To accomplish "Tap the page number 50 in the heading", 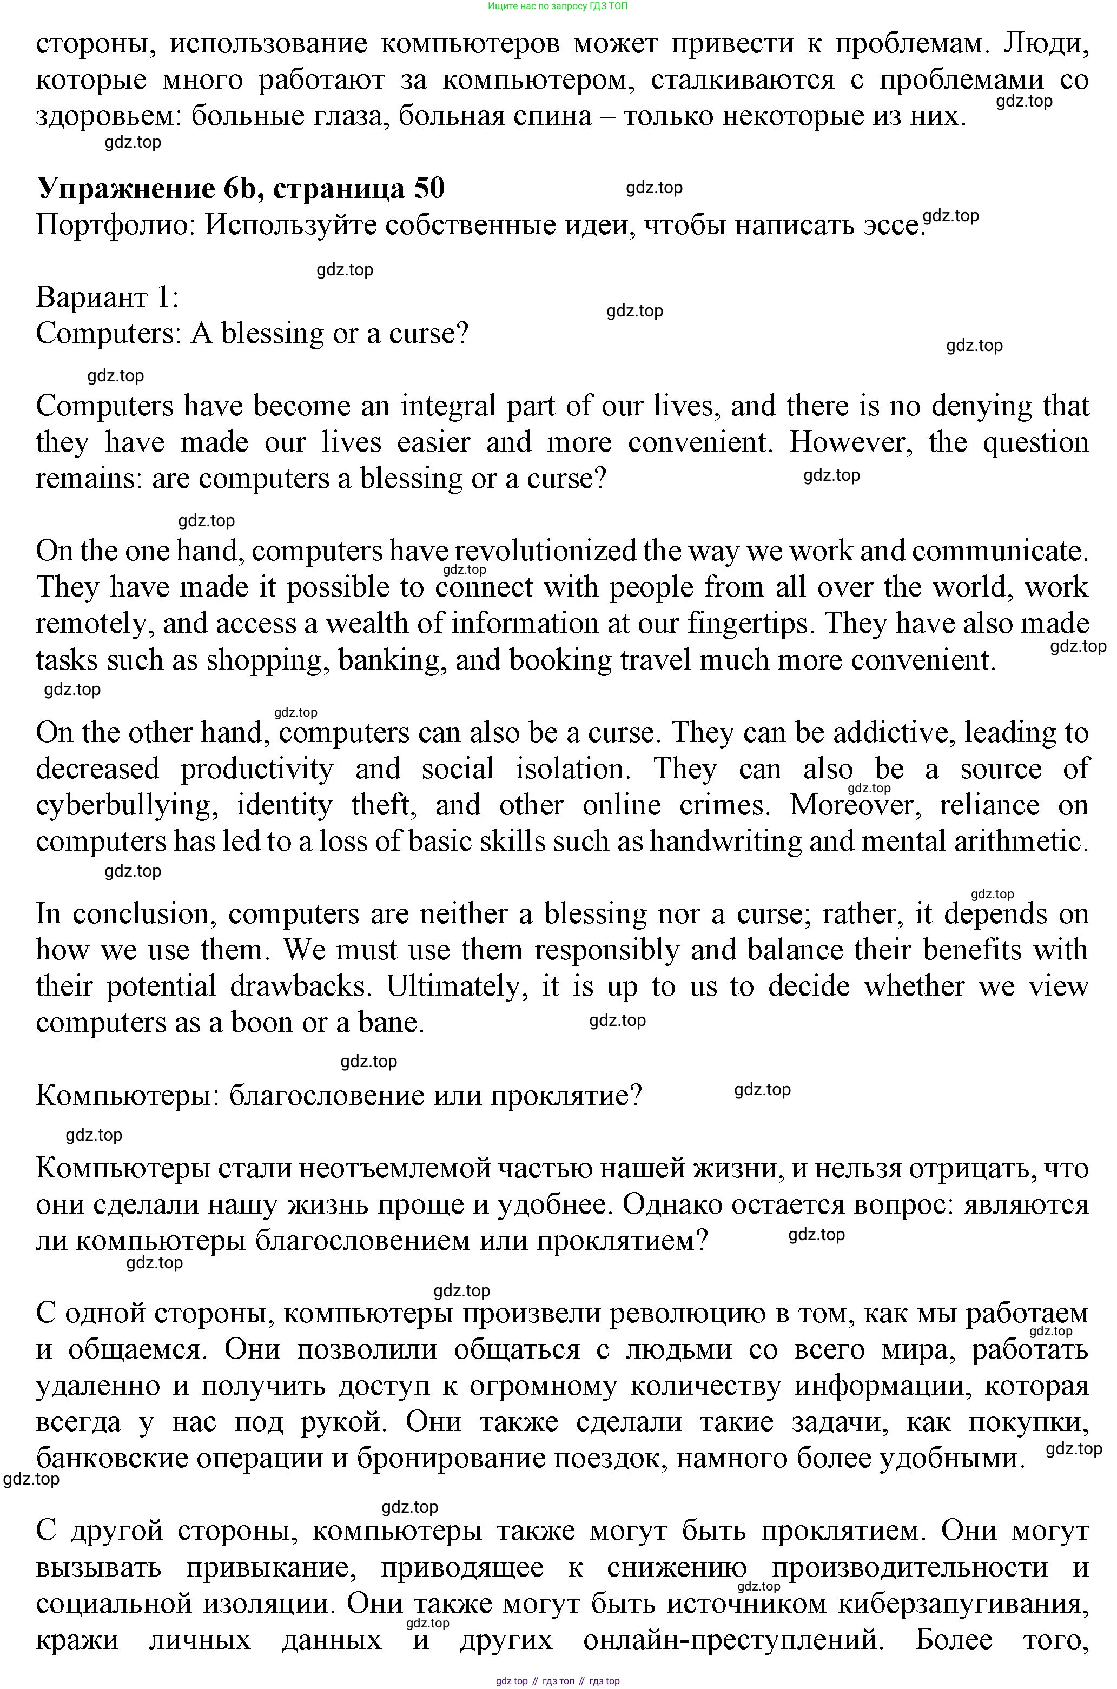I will click(427, 189).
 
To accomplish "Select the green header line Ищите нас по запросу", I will click(558, 6).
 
